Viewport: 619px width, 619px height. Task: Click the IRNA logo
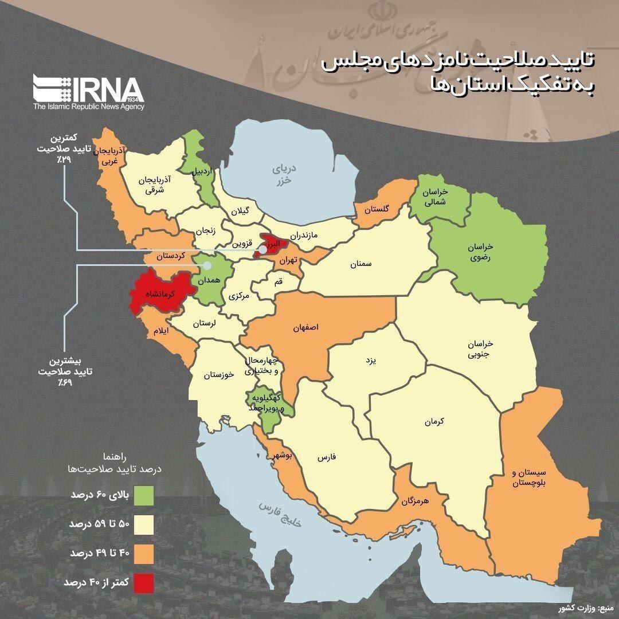click(88, 92)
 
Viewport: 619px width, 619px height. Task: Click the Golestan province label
click(375, 210)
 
